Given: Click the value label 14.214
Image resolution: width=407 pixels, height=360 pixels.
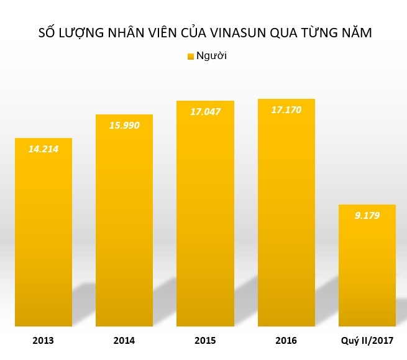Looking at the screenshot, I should pos(43,149).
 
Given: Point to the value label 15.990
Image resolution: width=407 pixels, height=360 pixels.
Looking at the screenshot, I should pos(124,125).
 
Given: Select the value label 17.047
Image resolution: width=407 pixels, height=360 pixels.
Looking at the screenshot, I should pos(205,111).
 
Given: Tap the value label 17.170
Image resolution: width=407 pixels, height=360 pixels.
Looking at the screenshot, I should pos(286,110).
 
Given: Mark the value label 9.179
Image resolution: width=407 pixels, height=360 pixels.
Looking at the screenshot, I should pos(367,216).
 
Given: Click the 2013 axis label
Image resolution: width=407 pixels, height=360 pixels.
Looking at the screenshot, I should pos(43,341).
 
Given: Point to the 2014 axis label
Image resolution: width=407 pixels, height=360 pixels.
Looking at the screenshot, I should pos(124,341).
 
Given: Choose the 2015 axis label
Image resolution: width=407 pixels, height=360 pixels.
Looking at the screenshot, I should pos(205,341).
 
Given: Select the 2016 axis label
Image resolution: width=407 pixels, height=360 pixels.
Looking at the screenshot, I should pos(286,341).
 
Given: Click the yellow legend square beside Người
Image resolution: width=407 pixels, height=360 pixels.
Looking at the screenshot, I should pos(190,57).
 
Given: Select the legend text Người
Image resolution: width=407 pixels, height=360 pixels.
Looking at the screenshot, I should pos(211,56).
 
